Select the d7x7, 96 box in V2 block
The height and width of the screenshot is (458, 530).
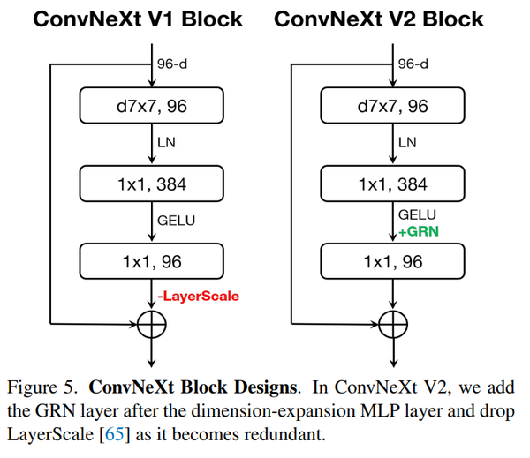390,107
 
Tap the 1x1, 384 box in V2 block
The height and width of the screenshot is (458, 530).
390,184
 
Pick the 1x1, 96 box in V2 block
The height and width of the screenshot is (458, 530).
390,262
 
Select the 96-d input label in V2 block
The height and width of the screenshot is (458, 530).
413,64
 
